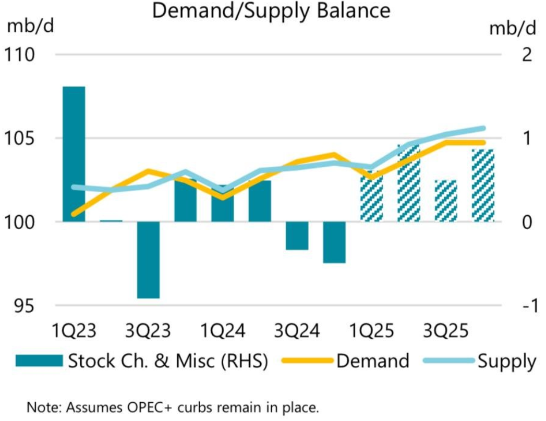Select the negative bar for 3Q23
148,260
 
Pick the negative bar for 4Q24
334,242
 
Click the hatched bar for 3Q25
445,201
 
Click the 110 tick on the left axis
21,54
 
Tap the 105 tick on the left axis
21,138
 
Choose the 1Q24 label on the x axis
223,331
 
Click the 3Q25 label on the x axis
445,331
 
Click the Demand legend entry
372,361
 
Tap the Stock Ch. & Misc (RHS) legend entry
168,361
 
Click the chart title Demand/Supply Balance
271,10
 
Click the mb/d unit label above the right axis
513,29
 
